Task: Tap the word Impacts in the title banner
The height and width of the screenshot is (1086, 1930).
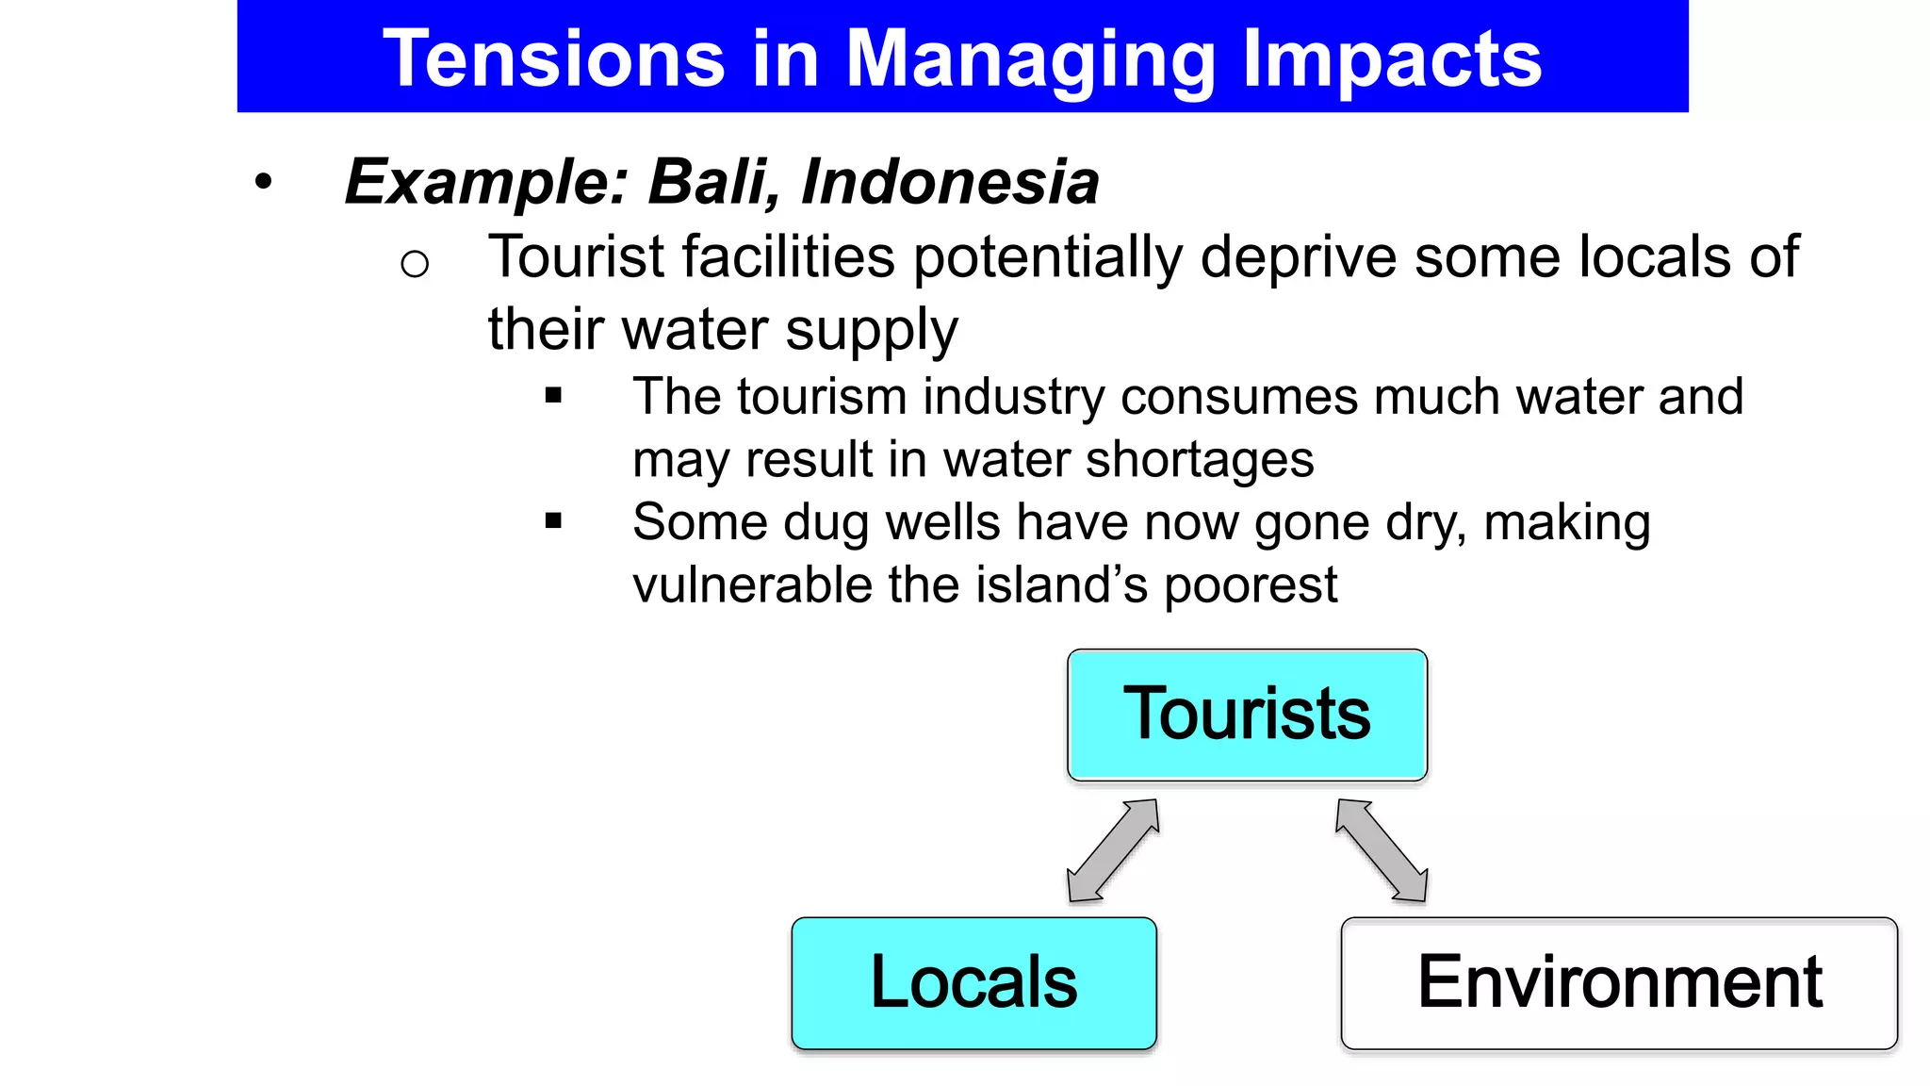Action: coord(1391,59)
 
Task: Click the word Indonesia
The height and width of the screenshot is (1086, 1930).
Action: coord(950,181)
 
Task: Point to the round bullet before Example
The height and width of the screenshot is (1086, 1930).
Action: coord(263,182)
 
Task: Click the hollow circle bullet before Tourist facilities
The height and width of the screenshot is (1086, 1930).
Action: coord(415,264)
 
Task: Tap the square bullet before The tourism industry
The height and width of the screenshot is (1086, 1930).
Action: coord(553,396)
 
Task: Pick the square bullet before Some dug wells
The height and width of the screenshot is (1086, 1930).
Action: coord(553,520)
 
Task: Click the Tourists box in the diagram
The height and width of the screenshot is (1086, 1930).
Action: coord(1247,715)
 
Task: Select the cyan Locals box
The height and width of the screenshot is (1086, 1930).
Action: coord(973,982)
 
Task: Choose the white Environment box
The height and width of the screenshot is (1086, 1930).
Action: coord(1619,982)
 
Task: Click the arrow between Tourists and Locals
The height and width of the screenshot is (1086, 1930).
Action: coord(1113,850)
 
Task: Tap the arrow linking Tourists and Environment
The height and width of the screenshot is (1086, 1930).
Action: coord(1382,850)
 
